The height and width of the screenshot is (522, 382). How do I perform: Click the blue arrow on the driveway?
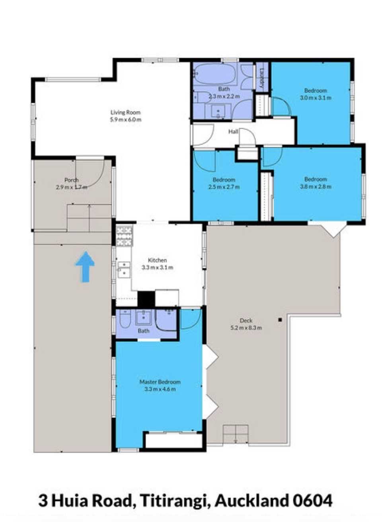pyautogui.click(x=84, y=267)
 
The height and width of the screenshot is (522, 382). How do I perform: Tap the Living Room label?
pyautogui.click(x=125, y=113)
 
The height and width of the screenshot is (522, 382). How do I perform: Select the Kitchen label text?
pyautogui.click(x=157, y=260)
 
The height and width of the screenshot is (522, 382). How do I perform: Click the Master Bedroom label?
pyautogui.click(x=160, y=382)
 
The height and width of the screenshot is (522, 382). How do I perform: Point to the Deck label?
pyautogui.click(x=246, y=321)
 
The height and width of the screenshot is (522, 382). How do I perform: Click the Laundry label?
pyautogui.click(x=262, y=78)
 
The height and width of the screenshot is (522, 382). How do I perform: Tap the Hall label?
pyautogui.click(x=233, y=132)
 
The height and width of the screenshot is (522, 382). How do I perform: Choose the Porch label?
pyautogui.click(x=72, y=180)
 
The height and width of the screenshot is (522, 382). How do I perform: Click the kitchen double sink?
pyautogui.click(x=124, y=270)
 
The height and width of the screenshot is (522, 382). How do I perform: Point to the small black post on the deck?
pyautogui.click(x=280, y=320)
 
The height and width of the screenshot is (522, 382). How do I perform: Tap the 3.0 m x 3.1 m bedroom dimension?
pyautogui.click(x=316, y=98)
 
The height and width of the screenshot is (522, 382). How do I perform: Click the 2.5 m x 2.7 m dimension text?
pyautogui.click(x=224, y=187)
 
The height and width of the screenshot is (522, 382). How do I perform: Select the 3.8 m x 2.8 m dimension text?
pyautogui.click(x=316, y=186)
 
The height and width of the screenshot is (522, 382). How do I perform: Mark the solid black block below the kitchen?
pyautogui.click(x=146, y=299)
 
